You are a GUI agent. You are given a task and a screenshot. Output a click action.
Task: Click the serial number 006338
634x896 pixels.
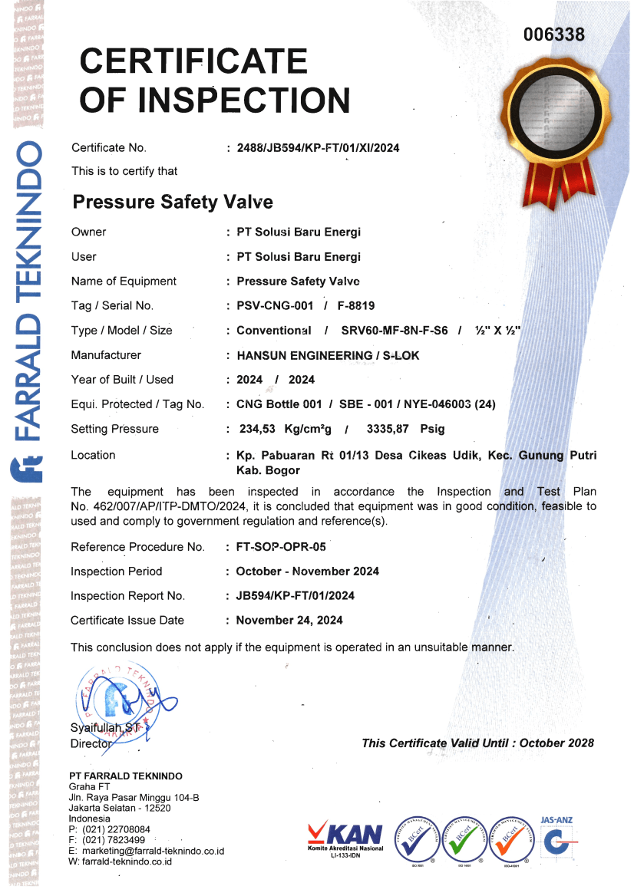pyautogui.click(x=554, y=35)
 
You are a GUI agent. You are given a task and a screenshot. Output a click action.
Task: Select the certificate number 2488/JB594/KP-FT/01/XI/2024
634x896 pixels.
pyautogui.click(x=318, y=148)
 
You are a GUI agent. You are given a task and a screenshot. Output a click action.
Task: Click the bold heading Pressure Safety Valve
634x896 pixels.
pyautogui.click(x=172, y=203)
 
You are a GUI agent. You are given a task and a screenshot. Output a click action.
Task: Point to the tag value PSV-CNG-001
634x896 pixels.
pyautogui.click(x=275, y=306)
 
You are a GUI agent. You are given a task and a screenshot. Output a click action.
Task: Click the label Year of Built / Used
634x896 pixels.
pyautogui.click(x=122, y=380)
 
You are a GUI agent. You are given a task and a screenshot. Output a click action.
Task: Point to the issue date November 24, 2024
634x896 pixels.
pyautogui.click(x=289, y=621)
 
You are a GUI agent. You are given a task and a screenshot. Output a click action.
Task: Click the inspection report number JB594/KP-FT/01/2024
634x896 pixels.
pyautogui.click(x=296, y=596)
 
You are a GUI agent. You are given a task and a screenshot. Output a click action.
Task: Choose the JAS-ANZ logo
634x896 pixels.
pyautogui.click(x=556, y=840)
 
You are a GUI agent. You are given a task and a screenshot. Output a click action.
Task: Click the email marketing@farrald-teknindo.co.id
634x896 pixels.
pyautogui.click(x=151, y=851)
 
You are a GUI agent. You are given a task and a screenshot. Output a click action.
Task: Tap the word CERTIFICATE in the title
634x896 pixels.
pyautogui.click(x=193, y=61)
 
